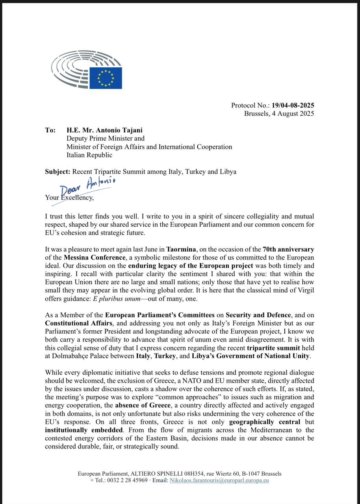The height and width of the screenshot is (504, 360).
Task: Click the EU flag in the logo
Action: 106,78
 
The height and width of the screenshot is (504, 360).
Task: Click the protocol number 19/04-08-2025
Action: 293,105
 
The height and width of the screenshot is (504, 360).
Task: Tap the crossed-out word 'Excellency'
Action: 76,198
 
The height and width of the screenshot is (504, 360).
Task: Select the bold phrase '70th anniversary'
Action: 288,249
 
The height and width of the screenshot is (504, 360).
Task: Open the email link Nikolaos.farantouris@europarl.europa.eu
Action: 219,480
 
